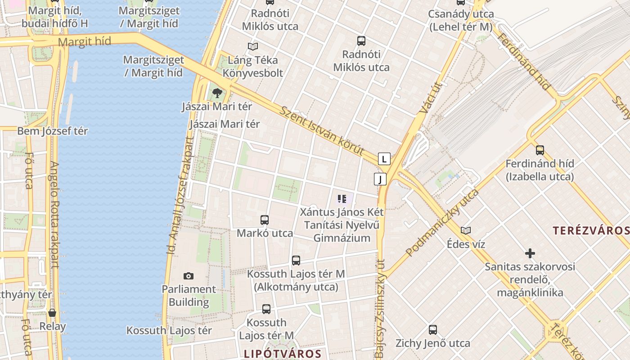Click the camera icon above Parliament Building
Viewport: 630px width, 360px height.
pyautogui.click(x=189, y=276)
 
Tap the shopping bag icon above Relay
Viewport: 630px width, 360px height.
pyautogui.click(x=52, y=313)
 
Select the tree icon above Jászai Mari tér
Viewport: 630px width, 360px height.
pyautogui.click(x=217, y=93)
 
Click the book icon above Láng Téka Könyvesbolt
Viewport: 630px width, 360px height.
pyautogui.click(x=253, y=46)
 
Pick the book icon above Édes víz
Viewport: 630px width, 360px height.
pyautogui.click(x=466, y=231)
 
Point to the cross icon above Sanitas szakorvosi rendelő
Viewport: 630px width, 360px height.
pyautogui.click(x=530, y=253)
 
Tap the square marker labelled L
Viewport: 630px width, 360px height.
pyautogui.click(x=384, y=159)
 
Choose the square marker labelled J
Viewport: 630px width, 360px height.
pyautogui.click(x=380, y=179)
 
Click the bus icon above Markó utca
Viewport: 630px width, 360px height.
pyautogui.click(x=265, y=220)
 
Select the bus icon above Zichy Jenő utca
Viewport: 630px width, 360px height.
pyautogui.click(x=433, y=330)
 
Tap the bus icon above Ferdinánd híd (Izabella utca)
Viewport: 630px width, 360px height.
pyautogui.click(x=540, y=150)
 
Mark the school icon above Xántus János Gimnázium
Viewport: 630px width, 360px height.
pyautogui.click(x=342, y=198)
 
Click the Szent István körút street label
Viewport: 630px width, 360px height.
pyautogui.click(x=321, y=130)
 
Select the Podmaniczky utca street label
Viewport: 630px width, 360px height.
pyautogui.click(x=442, y=223)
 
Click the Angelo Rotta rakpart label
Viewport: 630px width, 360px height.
pyautogui.click(x=54, y=215)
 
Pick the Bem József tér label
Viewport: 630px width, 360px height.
pyautogui.click(x=52, y=131)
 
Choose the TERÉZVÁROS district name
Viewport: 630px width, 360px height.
pyautogui.click(x=591, y=231)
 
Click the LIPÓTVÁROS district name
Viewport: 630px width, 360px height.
pyautogui.click(x=283, y=354)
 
